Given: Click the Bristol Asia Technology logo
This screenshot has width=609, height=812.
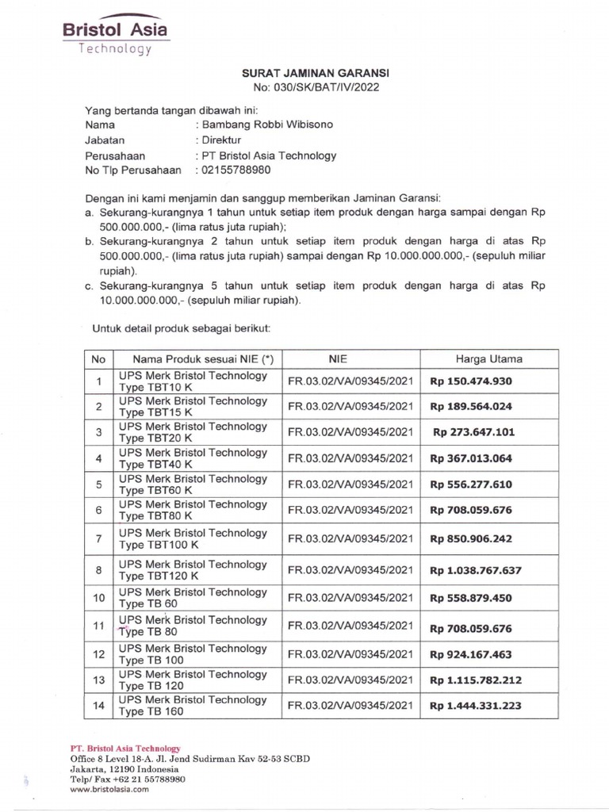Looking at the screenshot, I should pyautogui.click(x=115, y=36).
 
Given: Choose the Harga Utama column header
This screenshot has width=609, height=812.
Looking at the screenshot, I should pyautogui.click(x=488, y=359).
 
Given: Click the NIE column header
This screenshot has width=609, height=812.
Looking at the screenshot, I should pyautogui.click(x=350, y=359).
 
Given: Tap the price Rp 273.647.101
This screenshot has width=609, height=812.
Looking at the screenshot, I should pyautogui.click(x=473, y=433).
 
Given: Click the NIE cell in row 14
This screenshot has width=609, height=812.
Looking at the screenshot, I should pyautogui.click(x=350, y=706).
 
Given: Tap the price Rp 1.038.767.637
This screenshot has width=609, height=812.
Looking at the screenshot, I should pyautogui.click(x=476, y=569).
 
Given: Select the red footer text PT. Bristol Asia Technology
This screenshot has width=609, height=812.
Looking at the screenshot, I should pyautogui.click(x=125, y=749).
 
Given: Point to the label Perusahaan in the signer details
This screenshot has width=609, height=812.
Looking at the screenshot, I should pyautogui.click(x=115, y=155).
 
